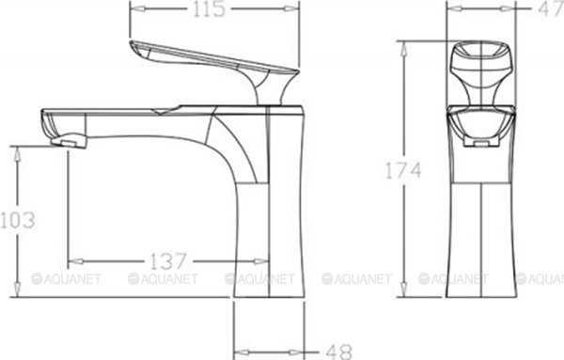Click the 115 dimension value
tap(209, 8)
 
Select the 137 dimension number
tap(168, 261)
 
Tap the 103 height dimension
tap(18, 220)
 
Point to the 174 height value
tap(403, 170)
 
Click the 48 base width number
tap(338, 352)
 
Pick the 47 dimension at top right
tap(550, 8)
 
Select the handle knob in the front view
tap(480, 71)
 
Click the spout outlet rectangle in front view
tap(481, 143)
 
